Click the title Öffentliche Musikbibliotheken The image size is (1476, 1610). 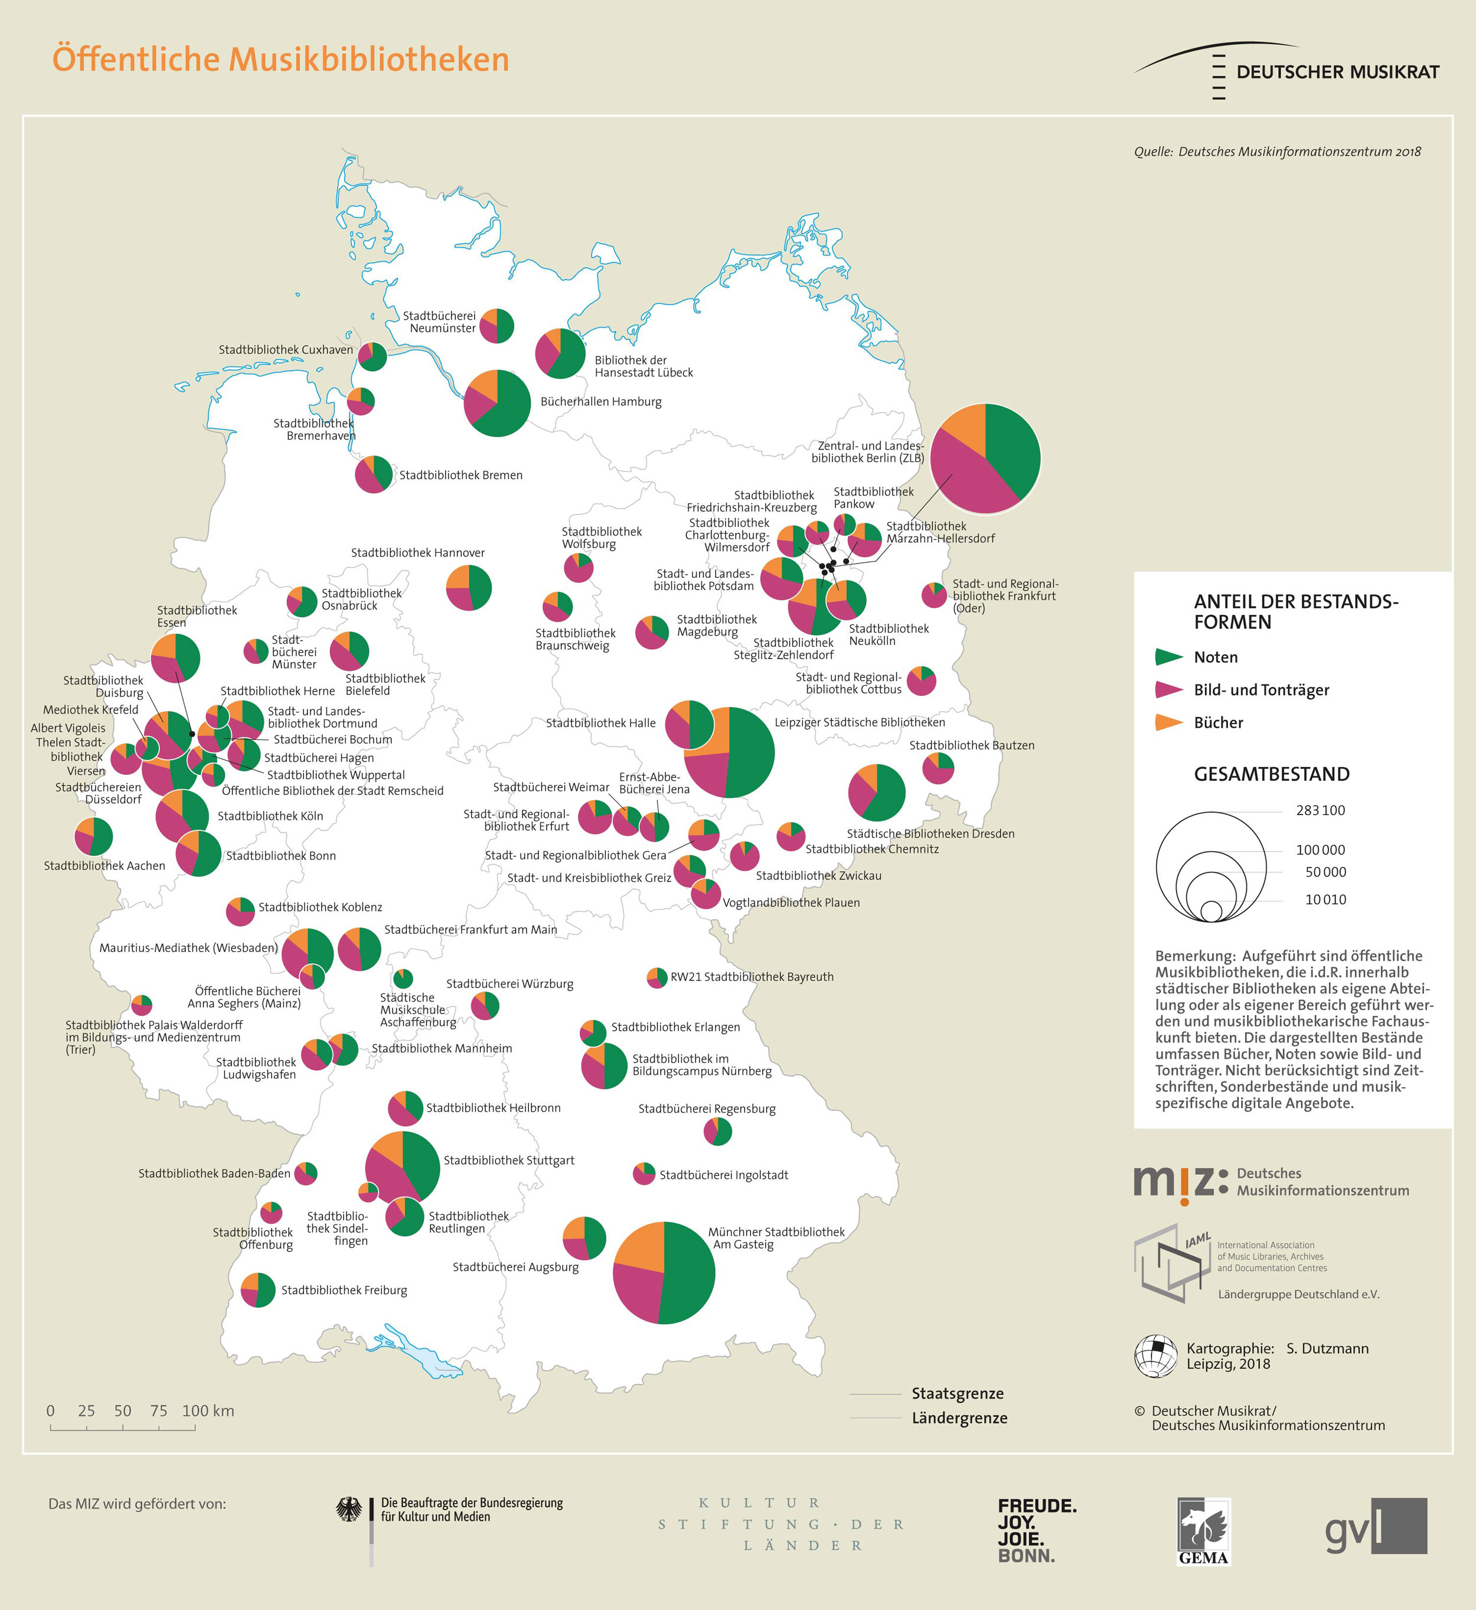[x=280, y=60]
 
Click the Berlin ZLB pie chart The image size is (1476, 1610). [x=985, y=459]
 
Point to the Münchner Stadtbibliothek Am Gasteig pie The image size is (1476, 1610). [x=664, y=1272]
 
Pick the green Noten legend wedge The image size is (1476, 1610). [x=1168, y=657]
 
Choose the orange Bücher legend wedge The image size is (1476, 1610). [x=1168, y=722]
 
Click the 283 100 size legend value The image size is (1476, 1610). [x=1320, y=810]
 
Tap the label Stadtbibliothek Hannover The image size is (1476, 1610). [x=418, y=553]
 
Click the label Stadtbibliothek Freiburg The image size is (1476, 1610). [x=344, y=1290]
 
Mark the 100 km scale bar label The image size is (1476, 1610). [x=208, y=1410]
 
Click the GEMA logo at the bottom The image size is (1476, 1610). [x=1204, y=1531]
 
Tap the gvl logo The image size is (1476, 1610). [x=1376, y=1526]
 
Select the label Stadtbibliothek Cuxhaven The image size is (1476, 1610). [x=285, y=350]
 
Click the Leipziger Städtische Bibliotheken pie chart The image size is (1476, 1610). [x=729, y=752]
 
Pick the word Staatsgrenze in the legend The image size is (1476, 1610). [x=958, y=1393]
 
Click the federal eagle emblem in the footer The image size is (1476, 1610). [x=348, y=1510]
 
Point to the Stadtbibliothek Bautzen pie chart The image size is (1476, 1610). [x=939, y=768]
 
